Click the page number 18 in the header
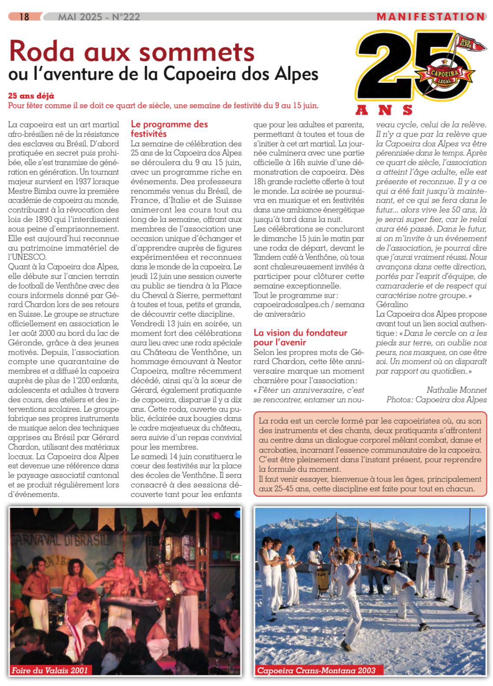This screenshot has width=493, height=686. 24,17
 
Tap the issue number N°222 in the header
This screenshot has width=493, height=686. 126,17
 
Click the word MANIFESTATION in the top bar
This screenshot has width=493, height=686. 430,17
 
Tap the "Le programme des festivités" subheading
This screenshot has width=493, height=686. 169,129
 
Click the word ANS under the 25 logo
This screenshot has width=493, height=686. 384,109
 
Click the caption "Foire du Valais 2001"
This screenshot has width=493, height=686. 50,670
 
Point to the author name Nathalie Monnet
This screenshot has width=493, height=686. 457,390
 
